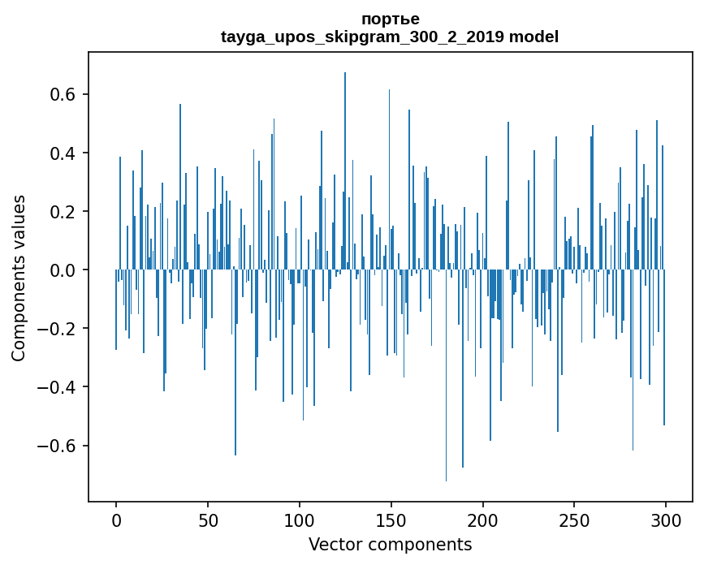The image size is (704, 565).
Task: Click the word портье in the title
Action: click(390, 19)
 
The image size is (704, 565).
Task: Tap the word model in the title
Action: click(533, 37)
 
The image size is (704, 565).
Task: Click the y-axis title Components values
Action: click(19, 278)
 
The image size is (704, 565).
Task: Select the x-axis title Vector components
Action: click(390, 544)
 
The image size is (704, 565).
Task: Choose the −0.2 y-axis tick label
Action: click(59, 329)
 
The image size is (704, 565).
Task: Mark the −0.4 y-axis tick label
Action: click(59, 387)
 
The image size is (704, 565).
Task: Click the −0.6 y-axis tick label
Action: click(59, 446)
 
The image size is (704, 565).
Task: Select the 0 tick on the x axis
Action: click(116, 520)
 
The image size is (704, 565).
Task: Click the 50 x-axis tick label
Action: click(208, 520)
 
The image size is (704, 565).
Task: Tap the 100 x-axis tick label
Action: click(300, 520)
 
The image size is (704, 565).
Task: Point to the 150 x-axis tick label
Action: click(391, 520)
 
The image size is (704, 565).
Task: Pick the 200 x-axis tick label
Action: click(483, 520)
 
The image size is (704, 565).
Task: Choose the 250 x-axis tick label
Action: click(574, 520)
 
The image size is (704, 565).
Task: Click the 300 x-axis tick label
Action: click(666, 520)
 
